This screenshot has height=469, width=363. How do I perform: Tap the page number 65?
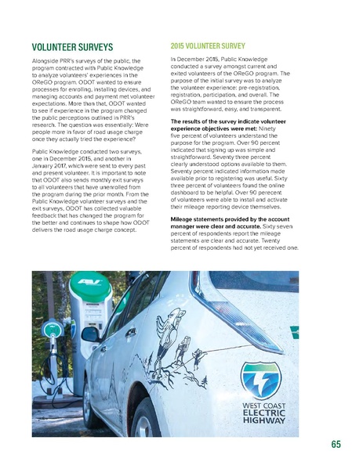tap(335, 445)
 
